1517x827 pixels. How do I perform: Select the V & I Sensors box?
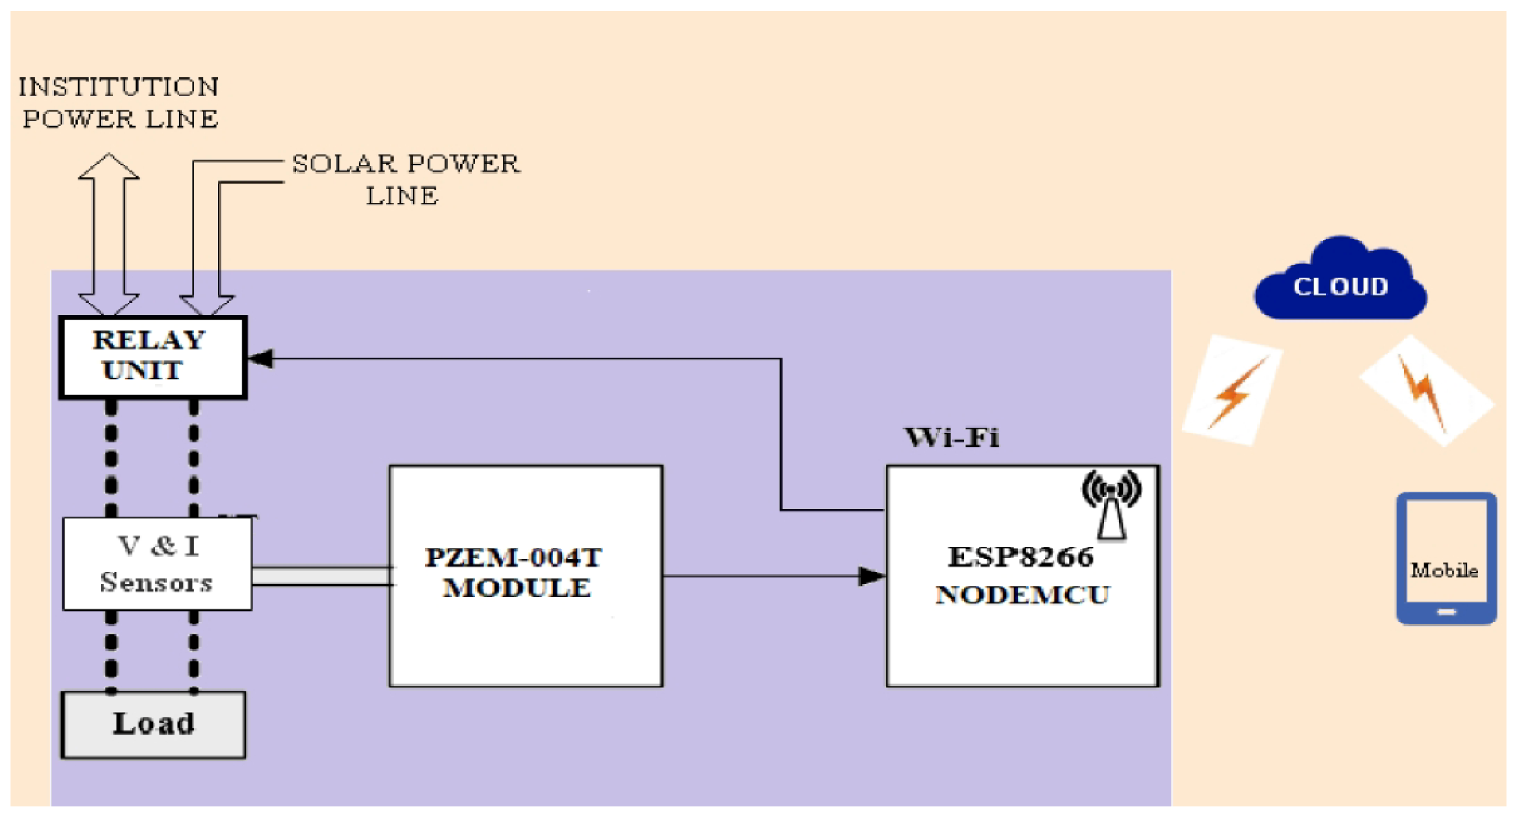pyautogui.click(x=157, y=564)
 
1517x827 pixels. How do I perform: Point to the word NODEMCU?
pyautogui.click(x=1023, y=595)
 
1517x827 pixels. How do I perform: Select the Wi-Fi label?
pyautogui.click(x=952, y=438)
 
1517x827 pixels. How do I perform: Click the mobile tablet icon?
pyautogui.click(x=1446, y=558)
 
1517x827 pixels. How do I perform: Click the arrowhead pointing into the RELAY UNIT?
pyautogui.click(x=260, y=358)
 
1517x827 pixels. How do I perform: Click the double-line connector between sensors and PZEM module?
pyautogui.click(x=321, y=576)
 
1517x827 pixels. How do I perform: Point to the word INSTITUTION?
pyautogui.click(x=118, y=87)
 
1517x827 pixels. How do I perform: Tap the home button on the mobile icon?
pyautogui.click(x=1446, y=612)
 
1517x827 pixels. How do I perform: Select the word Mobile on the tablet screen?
pyautogui.click(x=1444, y=570)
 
